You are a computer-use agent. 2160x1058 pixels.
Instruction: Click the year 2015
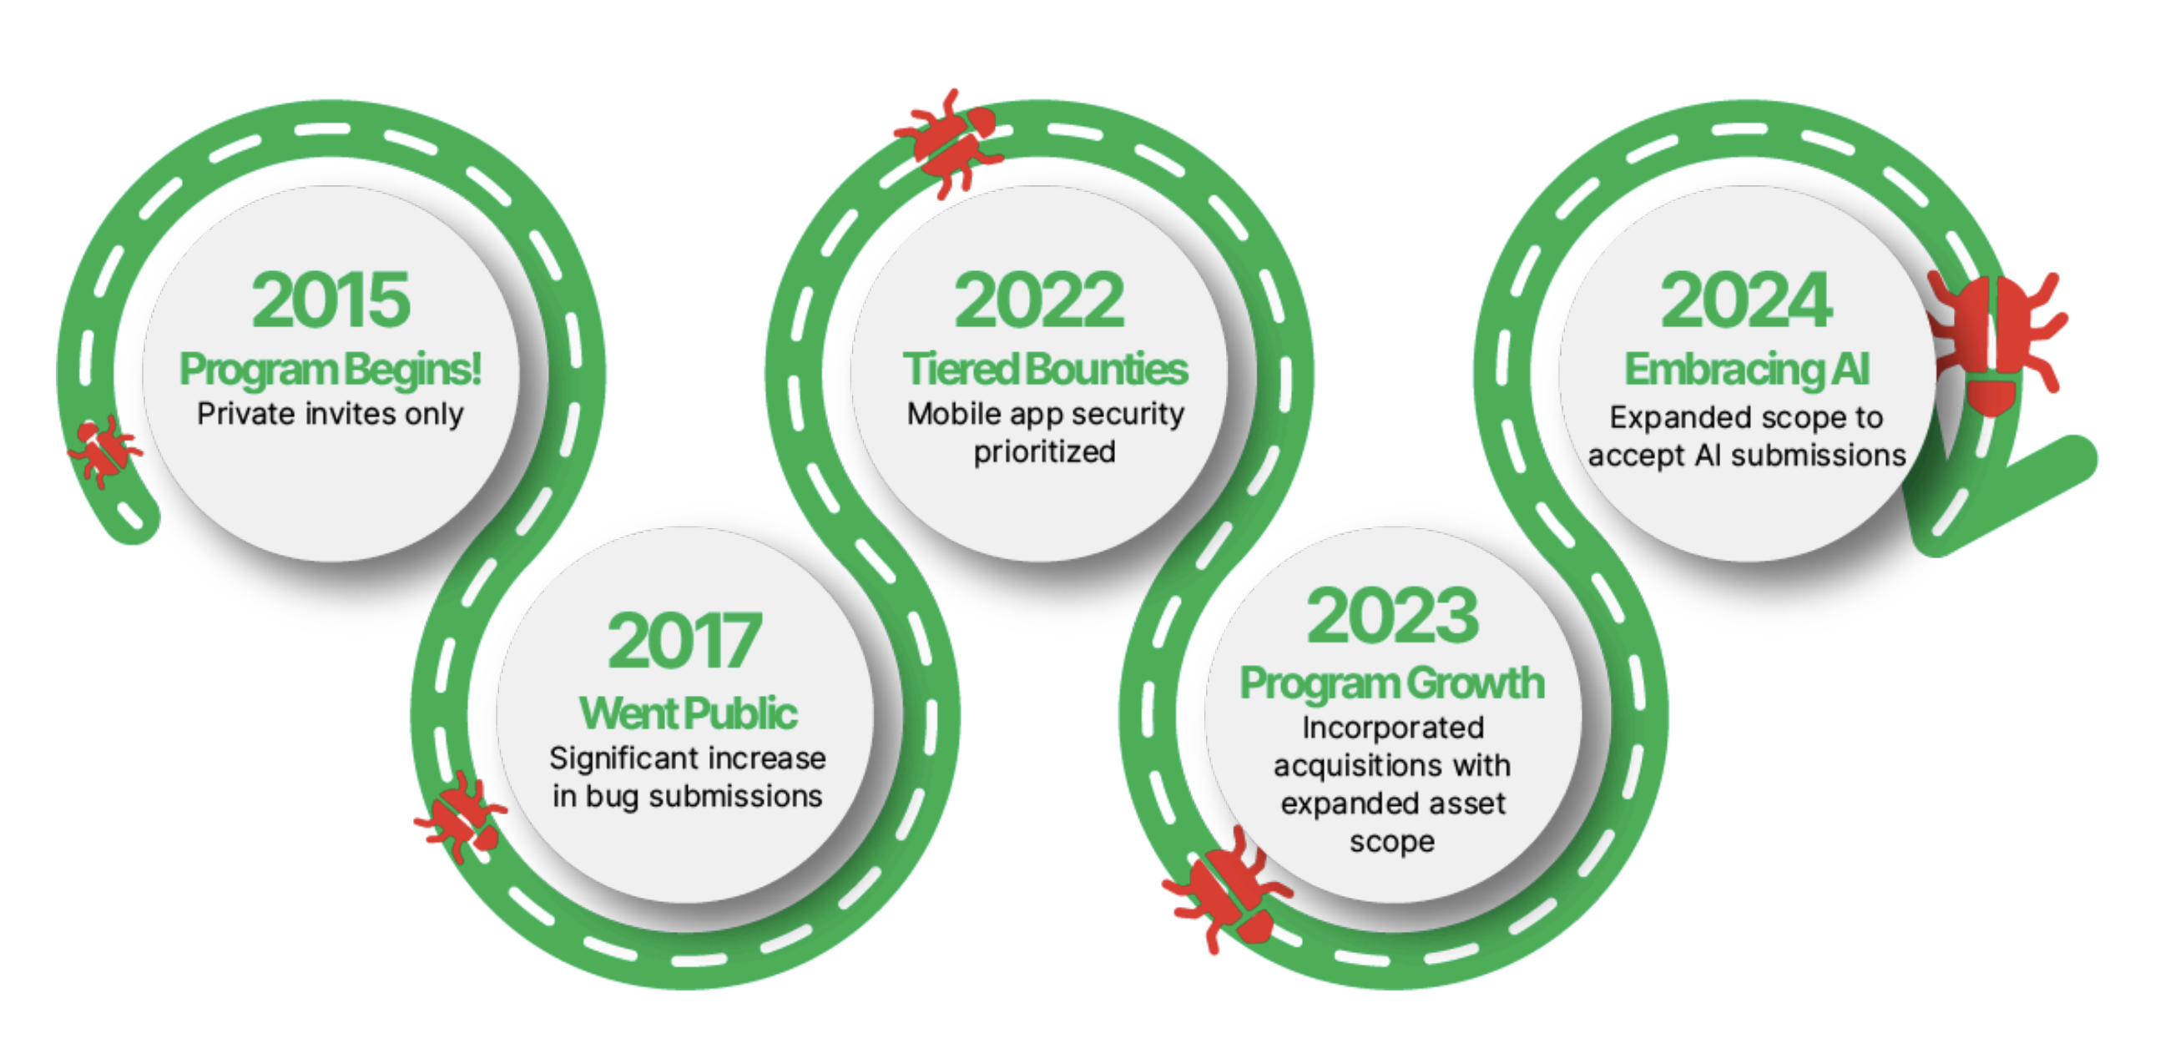(x=331, y=300)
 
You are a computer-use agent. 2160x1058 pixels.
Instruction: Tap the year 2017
(x=684, y=642)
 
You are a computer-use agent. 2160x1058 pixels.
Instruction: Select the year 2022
(x=1039, y=300)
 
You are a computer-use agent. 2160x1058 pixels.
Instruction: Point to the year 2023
(x=1393, y=615)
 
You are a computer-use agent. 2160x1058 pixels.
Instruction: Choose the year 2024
(x=1747, y=300)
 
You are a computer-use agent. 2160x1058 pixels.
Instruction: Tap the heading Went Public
(x=688, y=713)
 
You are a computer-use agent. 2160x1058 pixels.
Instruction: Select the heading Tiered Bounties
(x=1046, y=369)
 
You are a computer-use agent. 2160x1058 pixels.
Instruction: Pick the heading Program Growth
(x=1392, y=684)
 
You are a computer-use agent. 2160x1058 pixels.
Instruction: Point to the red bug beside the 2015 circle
(x=104, y=451)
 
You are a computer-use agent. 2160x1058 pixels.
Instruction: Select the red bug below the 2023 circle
(x=1227, y=890)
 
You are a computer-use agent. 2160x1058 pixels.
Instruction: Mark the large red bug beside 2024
(x=1993, y=342)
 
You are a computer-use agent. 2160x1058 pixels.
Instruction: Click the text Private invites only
(x=331, y=414)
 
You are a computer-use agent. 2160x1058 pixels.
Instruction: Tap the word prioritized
(x=1045, y=452)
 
